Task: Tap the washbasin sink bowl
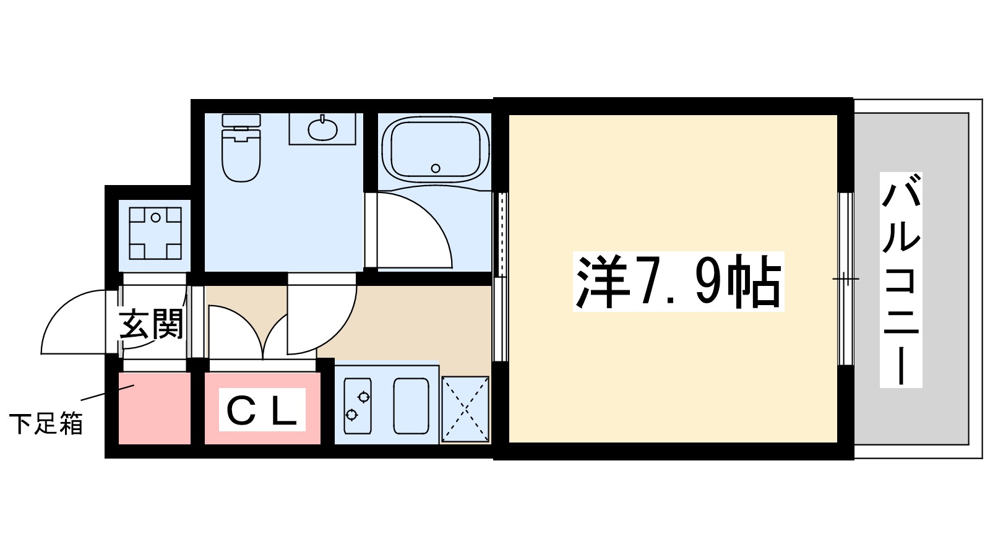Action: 322,129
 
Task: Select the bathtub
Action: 435,149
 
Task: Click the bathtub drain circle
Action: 436,168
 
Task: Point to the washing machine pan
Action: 155,233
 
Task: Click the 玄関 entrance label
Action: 152,324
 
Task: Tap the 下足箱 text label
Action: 46,424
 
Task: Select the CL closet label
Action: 262,410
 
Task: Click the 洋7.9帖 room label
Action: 678,282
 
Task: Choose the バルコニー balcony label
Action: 901,280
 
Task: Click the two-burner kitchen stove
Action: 358,405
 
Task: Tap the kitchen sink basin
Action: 411,405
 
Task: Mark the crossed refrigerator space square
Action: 465,409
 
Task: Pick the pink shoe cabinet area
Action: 154,408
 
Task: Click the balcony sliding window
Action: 845,278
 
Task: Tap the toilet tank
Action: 241,121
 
